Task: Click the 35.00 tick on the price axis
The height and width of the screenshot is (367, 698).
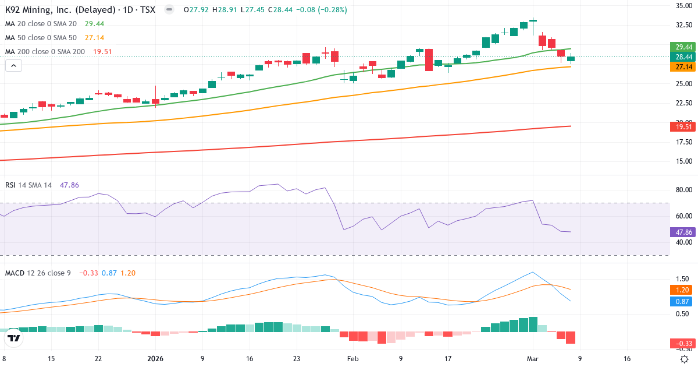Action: (x=683, y=6)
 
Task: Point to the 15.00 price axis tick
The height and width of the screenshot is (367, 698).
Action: (x=683, y=161)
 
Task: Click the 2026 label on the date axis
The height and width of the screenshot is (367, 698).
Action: (x=155, y=359)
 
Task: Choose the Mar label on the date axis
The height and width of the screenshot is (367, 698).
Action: (x=533, y=359)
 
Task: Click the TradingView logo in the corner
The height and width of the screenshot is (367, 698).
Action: (x=14, y=338)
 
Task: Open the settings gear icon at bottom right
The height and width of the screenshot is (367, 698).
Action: (x=685, y=359)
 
